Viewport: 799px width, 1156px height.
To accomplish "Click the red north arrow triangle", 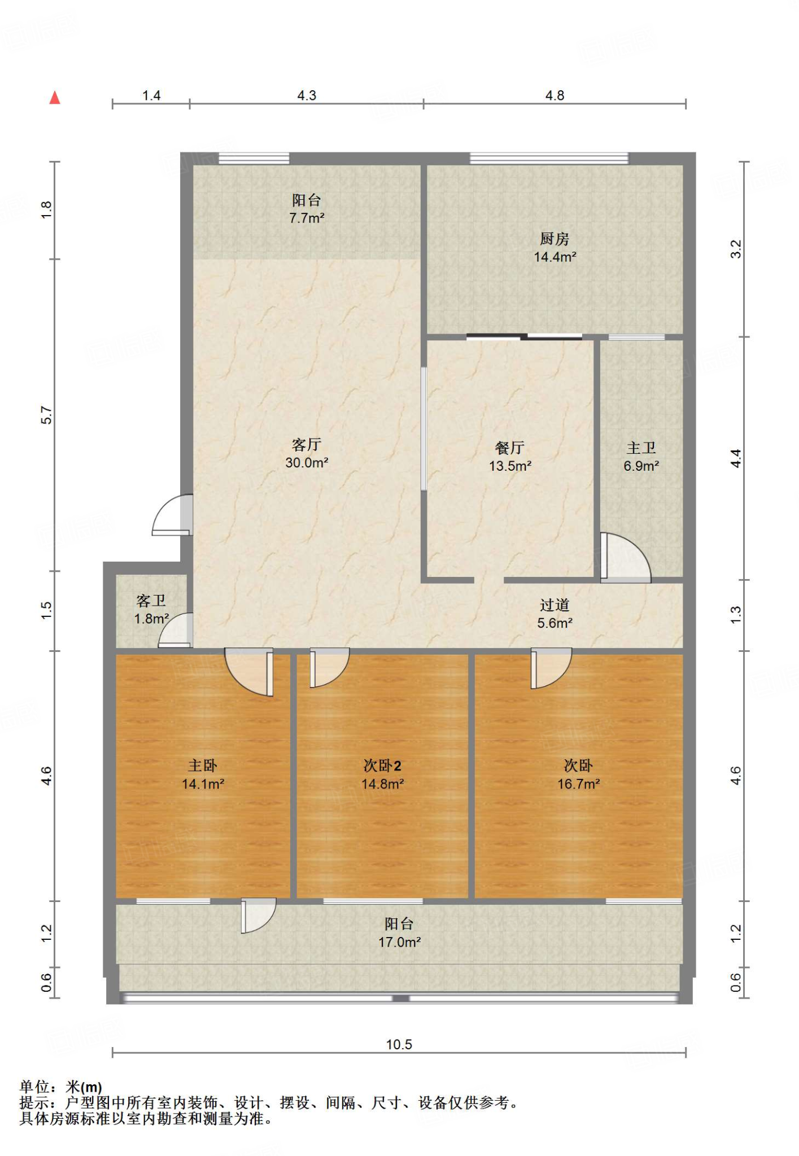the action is [x=55, y=98].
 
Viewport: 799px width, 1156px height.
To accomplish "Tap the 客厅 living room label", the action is [x=307, y=445].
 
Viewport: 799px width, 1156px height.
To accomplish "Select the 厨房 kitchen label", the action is [x=555, y=239].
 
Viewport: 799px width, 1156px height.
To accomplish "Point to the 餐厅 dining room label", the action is [x=510, y=448].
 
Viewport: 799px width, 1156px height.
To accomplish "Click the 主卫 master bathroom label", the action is [x=641, y=448].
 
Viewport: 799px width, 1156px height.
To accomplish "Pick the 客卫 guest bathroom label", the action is [x=151, y=601].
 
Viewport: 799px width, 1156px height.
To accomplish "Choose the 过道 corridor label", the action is [x=555, y=605].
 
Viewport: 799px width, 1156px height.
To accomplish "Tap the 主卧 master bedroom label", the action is [x=203, y=765].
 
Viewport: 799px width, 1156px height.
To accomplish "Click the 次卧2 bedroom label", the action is [x=382, y=765].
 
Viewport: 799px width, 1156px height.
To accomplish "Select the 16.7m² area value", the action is [x=579, y=783].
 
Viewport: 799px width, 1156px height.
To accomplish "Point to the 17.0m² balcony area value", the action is [x=400, y=942].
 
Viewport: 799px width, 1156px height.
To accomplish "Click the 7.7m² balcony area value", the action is [x=307, y=218].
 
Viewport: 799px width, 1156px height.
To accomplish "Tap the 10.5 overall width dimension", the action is [x=399, y=1044].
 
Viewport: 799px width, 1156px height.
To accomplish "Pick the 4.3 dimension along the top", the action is [x=307, y=95].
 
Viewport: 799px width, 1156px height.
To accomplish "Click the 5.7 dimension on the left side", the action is [x=46, y=415].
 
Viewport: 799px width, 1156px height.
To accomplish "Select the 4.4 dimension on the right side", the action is [x=736, y=458].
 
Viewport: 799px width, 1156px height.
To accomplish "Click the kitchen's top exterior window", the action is [x=549, y=158].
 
